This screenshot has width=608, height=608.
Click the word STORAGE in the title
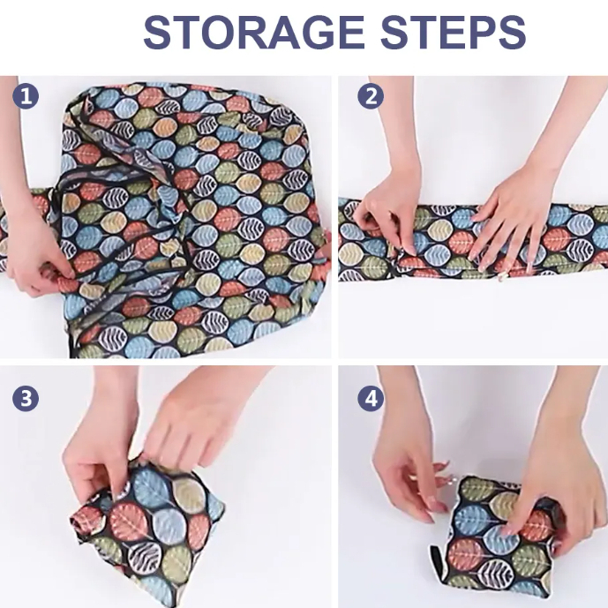(x=253, y=32)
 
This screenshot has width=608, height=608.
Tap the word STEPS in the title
(x=454, y=32)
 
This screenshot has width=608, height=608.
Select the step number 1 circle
(x=26, y=96)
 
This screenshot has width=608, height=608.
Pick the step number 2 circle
(x=371, y=96)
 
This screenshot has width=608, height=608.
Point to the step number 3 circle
(x=26, y=398)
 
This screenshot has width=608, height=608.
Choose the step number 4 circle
(x=371, y=398)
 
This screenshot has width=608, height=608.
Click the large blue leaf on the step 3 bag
(x=150, y=491)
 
